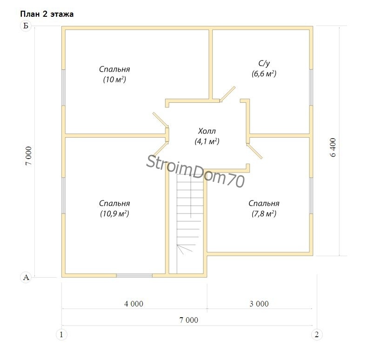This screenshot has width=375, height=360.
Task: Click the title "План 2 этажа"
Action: point(47,14)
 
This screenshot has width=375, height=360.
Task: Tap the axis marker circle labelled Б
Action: point(26,26)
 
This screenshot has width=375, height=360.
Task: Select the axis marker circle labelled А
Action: point(26,277)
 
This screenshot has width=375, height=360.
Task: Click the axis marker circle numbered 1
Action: point(61,334)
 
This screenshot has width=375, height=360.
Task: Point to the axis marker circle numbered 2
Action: point(317,334)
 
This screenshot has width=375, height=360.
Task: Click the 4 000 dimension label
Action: point(134,304)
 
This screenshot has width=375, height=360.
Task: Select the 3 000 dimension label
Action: point(259,304)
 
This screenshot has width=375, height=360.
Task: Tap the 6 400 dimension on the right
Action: point(333,147)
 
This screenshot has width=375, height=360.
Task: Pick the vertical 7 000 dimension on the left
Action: point(28,156)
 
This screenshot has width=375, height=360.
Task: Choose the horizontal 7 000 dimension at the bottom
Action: point(189,320)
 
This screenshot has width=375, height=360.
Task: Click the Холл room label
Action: point(207,131)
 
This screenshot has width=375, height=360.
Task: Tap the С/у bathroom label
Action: point(264,63)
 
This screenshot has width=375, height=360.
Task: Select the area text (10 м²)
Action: point(114,79)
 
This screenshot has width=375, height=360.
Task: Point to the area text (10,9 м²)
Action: point(114,213)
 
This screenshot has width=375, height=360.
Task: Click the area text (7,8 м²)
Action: point(264,213)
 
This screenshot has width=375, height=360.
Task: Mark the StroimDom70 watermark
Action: point(195,171)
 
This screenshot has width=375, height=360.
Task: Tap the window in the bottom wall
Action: point(134,275)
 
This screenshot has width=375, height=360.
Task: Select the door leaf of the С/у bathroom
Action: point(228,94)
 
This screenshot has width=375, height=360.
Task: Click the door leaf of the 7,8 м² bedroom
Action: point(254,151)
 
